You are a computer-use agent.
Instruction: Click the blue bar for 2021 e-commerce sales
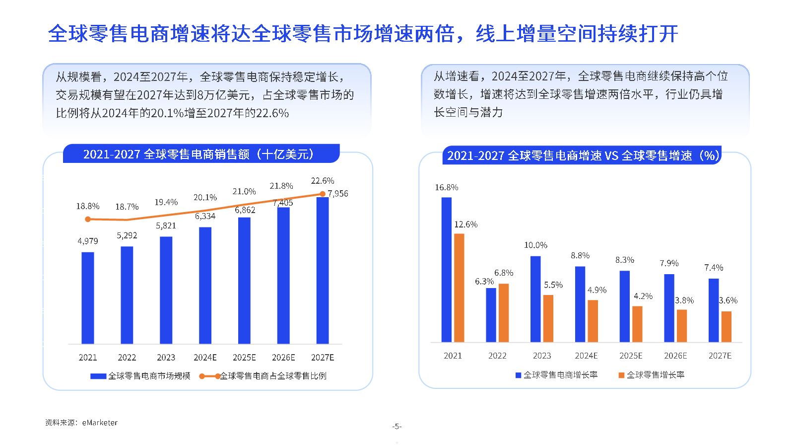[88, 298]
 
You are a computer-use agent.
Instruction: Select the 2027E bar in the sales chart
[323, 271]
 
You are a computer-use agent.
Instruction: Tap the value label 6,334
[205, 217]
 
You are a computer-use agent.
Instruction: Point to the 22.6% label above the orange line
[323, 181]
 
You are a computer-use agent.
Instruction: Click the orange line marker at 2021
[88, 219]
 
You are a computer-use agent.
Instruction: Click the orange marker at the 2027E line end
[323, 194]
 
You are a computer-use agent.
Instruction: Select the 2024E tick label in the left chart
[205, 358]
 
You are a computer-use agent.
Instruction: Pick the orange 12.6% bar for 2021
[459, 288]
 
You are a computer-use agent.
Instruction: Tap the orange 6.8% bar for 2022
[504, 313]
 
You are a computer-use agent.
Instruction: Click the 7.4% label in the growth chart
[714, 268]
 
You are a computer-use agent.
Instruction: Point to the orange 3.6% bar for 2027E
[727, 327]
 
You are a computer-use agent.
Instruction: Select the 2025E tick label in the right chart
[631, 356]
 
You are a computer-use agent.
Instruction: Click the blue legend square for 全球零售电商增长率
[518, 375]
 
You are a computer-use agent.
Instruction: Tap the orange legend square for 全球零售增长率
[621, 375]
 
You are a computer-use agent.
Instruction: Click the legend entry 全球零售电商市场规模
[149, 376]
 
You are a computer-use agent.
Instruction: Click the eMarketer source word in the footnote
[100, 423]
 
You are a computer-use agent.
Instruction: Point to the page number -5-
[397, 427]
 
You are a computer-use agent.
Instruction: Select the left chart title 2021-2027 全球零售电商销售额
[198, 154]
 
